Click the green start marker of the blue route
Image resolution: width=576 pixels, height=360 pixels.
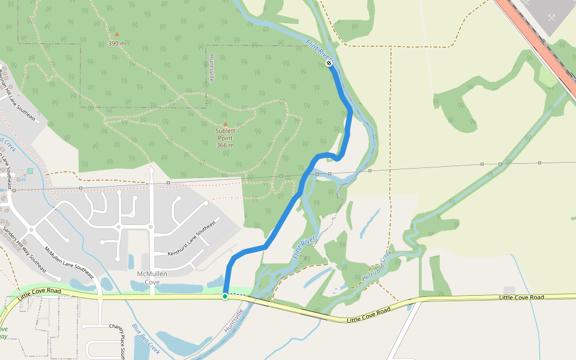coord(225,296)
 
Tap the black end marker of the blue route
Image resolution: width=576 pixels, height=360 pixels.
coord(329,63)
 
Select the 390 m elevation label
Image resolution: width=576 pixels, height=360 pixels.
coord(117,43)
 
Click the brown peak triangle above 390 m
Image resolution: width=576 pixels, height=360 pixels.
coord(117,34)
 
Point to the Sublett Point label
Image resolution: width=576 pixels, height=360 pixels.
coord(225,137)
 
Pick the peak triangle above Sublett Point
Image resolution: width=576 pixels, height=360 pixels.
coord(226,124)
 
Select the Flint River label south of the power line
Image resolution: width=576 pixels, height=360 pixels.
coord(304,248)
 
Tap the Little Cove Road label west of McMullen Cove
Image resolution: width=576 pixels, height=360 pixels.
coord(40,293)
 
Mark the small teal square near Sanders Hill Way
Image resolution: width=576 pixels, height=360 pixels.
coord(30,172)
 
